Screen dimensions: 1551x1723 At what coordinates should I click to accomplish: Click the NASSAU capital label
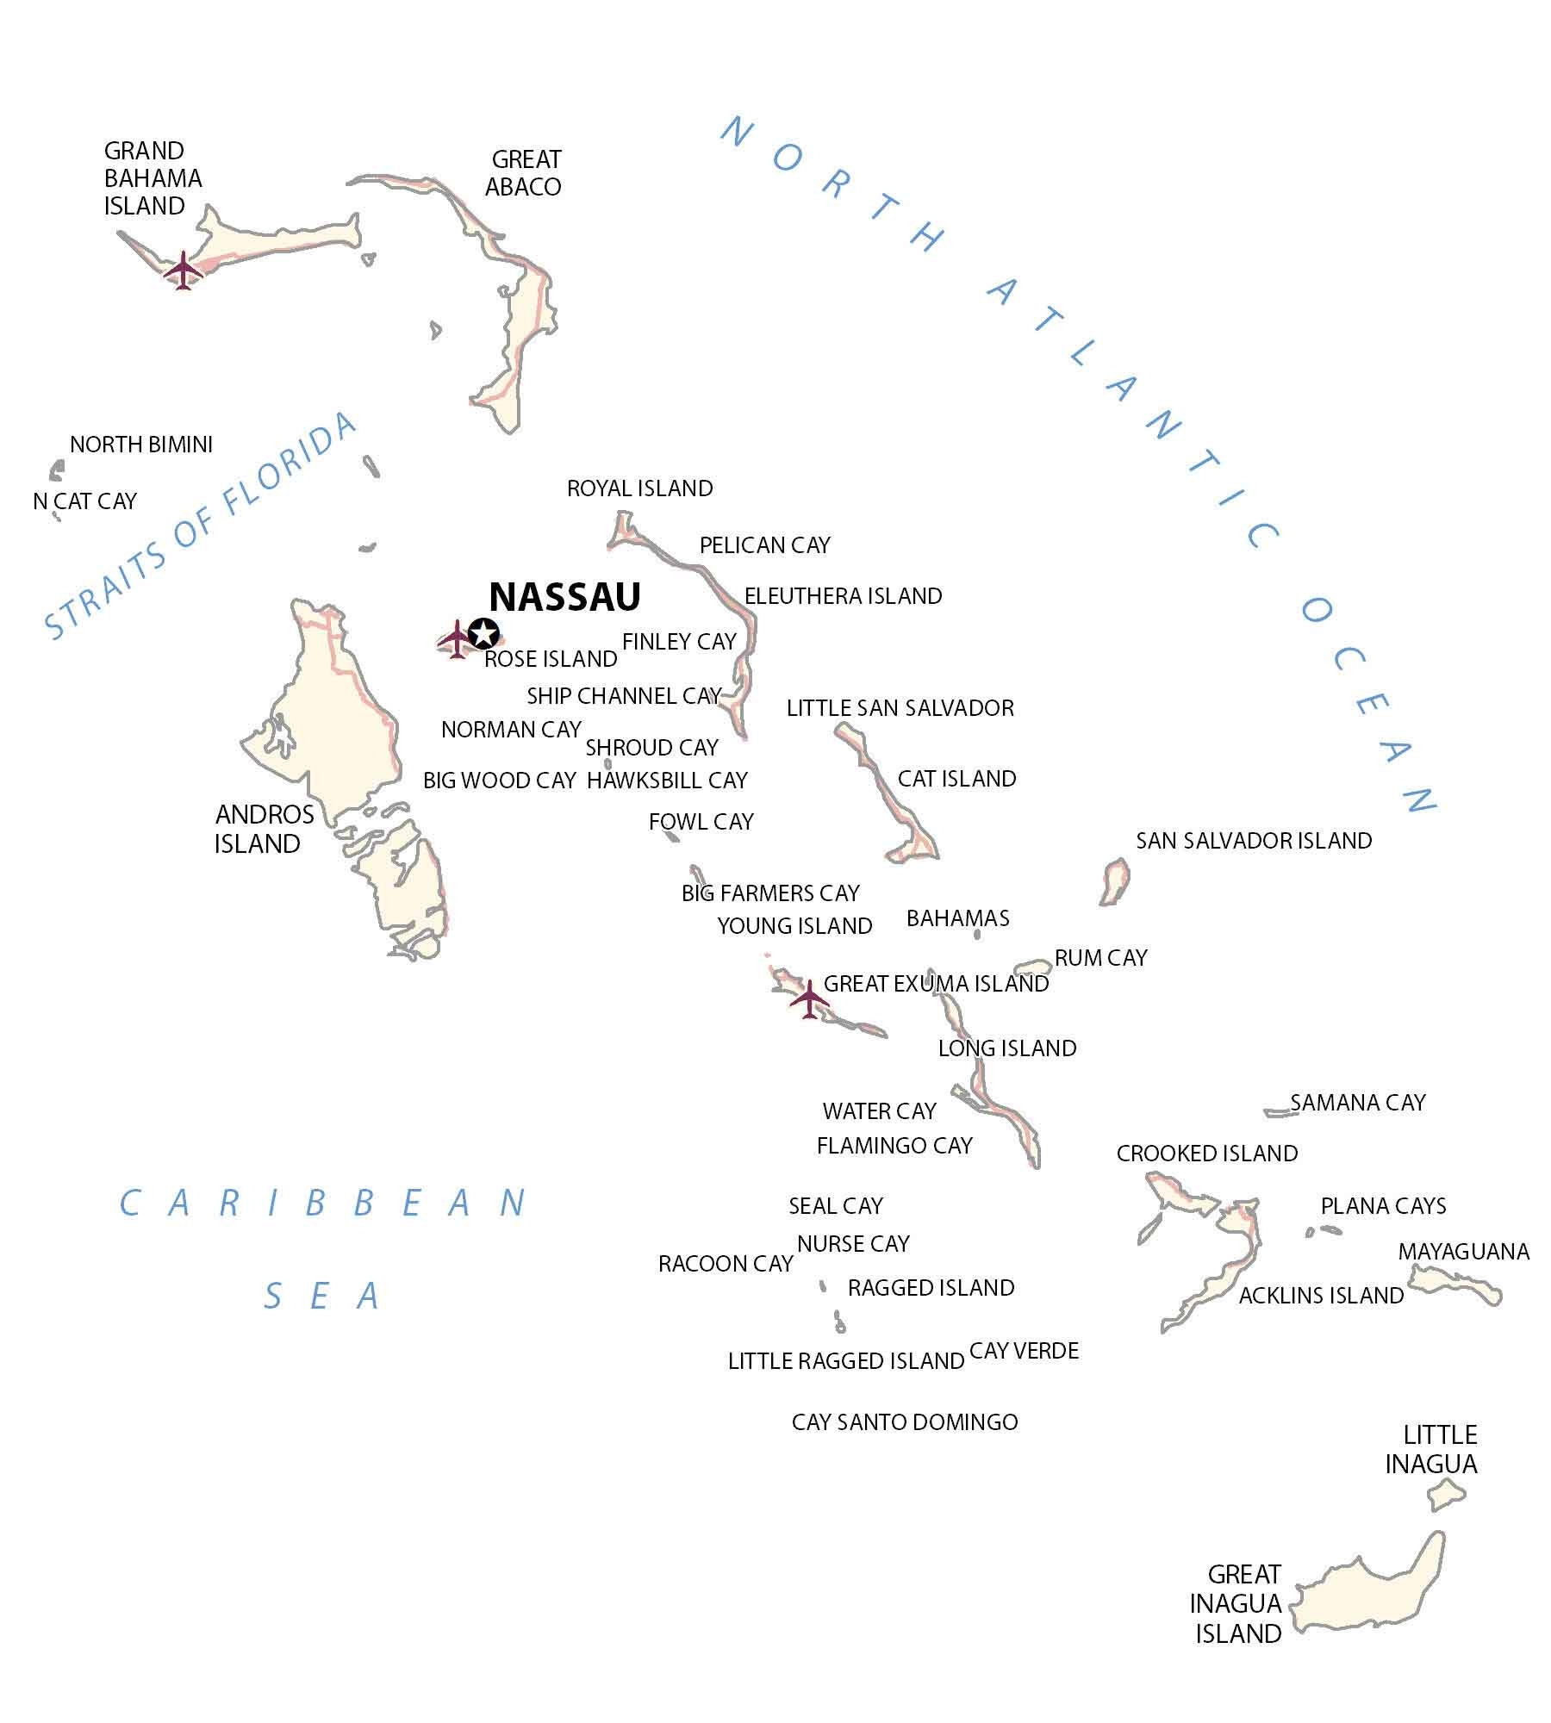564,596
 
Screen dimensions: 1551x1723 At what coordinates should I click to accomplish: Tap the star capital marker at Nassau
484,633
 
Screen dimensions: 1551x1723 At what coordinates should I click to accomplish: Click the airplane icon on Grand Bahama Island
184,270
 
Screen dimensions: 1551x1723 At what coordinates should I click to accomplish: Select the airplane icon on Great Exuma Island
809,998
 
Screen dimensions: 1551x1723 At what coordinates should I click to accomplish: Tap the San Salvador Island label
1254,840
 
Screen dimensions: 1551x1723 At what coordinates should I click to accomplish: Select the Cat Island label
956,779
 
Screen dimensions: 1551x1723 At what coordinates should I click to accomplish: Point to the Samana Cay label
1357,1103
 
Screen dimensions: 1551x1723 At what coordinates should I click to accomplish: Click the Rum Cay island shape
1032,966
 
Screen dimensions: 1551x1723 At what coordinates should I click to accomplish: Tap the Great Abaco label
524,173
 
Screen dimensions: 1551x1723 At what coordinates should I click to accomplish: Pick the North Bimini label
141,445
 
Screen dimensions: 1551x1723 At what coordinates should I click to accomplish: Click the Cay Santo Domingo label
905,1422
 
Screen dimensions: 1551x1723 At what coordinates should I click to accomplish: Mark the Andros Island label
264,829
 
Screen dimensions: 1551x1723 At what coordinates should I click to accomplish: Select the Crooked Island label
1206,1154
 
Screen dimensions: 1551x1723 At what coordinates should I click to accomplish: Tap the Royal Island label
639,488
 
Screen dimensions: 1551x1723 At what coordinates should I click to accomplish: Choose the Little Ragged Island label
845,1361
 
